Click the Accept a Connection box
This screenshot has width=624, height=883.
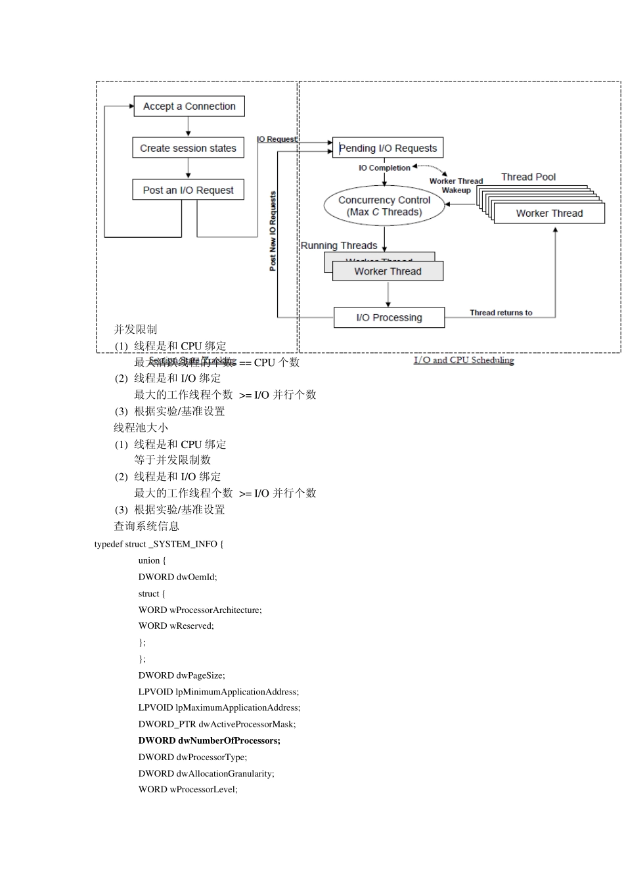click(189, 106)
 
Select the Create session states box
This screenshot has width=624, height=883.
click(188, 148)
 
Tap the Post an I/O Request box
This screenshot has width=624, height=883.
click(188, 190)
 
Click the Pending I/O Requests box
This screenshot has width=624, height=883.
click(388, 148)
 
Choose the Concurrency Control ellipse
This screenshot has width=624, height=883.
click(384, 206)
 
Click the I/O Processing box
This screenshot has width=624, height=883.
click(389, 317)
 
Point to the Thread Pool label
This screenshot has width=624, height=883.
click(528, 177)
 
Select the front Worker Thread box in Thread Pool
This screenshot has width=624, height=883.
click(549, 213)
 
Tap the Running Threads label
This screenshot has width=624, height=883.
click(339, 246)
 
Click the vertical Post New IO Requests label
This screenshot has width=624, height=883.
click(273, 231)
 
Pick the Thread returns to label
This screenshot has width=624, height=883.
click(501, 313)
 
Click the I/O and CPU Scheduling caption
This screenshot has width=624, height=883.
click(464, 360)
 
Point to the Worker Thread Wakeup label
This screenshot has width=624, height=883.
click(456, 185)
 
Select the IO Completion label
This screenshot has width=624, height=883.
click(384, 168)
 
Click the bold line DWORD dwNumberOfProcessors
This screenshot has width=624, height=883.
click(209, 740)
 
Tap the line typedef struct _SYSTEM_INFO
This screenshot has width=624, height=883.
click(159, 544)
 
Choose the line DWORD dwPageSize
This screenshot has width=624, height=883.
click(181, 675)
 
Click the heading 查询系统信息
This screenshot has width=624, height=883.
click(146, 526)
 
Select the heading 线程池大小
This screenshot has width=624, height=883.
click(141, 428)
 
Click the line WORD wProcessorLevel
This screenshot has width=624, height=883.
click(188, 790)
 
